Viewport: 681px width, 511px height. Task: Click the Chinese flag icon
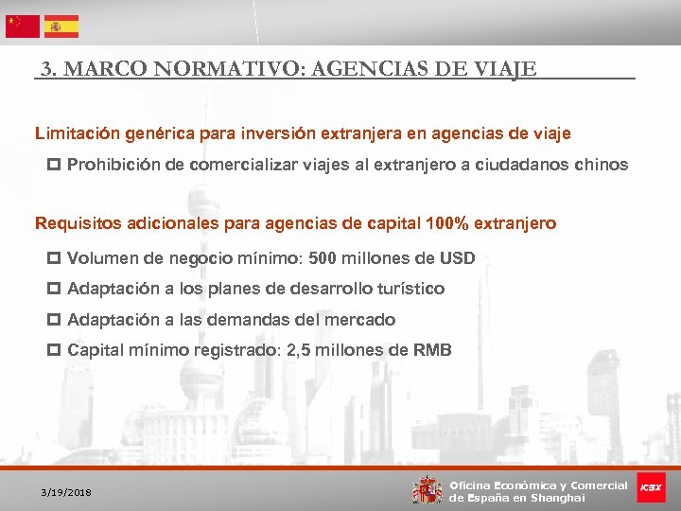pos(23,26)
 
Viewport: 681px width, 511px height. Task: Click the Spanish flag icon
pos(61,26)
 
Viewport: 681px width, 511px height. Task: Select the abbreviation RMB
pos(432,350)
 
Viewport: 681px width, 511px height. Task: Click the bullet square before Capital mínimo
pos(53,350)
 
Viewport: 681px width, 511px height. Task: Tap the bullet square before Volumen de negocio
pos(53,258)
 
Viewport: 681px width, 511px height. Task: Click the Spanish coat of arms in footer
pos(427,489)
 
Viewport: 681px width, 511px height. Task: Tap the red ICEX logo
pos(651,487)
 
